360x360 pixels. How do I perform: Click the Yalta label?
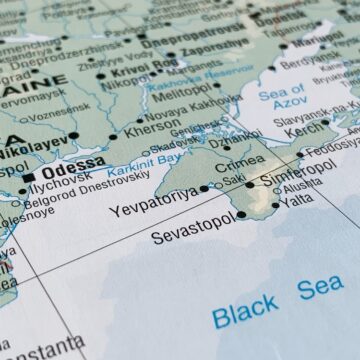tap(297, 200)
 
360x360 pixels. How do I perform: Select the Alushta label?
tap(302, 186)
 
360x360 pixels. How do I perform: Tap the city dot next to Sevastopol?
tap(241, 214)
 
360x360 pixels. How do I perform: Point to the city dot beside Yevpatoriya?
tap(205, 187)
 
